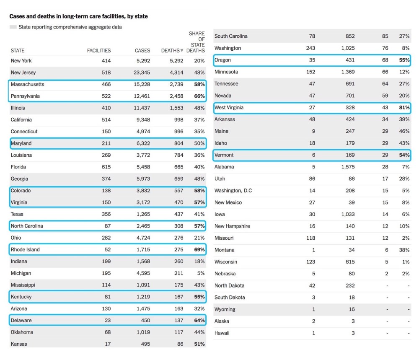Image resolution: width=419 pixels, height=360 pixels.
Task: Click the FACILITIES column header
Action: tap(99, 51)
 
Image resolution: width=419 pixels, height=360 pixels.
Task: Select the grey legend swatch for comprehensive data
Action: tap(13, 27)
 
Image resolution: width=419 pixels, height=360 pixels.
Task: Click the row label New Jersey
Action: tap(23, 73)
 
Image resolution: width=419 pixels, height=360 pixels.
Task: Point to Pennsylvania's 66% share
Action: tap(199, 96)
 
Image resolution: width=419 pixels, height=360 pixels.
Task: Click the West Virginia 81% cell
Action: tap(404, 108)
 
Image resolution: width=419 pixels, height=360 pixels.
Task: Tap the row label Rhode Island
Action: tap(25, 249)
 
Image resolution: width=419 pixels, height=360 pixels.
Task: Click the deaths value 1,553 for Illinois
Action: tap(176, 108)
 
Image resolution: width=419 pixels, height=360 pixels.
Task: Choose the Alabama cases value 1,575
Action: tap(347, 167)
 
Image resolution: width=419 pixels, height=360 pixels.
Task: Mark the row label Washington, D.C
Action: tap(233, 191)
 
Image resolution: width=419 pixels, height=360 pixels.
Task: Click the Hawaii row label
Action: tap(222, 333)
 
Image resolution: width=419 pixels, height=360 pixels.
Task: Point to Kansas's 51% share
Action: tap(199, 344)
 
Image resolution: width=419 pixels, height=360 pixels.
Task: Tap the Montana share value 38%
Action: tap(404, 250)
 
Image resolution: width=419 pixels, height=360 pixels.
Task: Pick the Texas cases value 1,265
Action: tap(142, 214)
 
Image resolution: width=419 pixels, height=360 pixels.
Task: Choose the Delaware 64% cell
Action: tap(199, 321)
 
